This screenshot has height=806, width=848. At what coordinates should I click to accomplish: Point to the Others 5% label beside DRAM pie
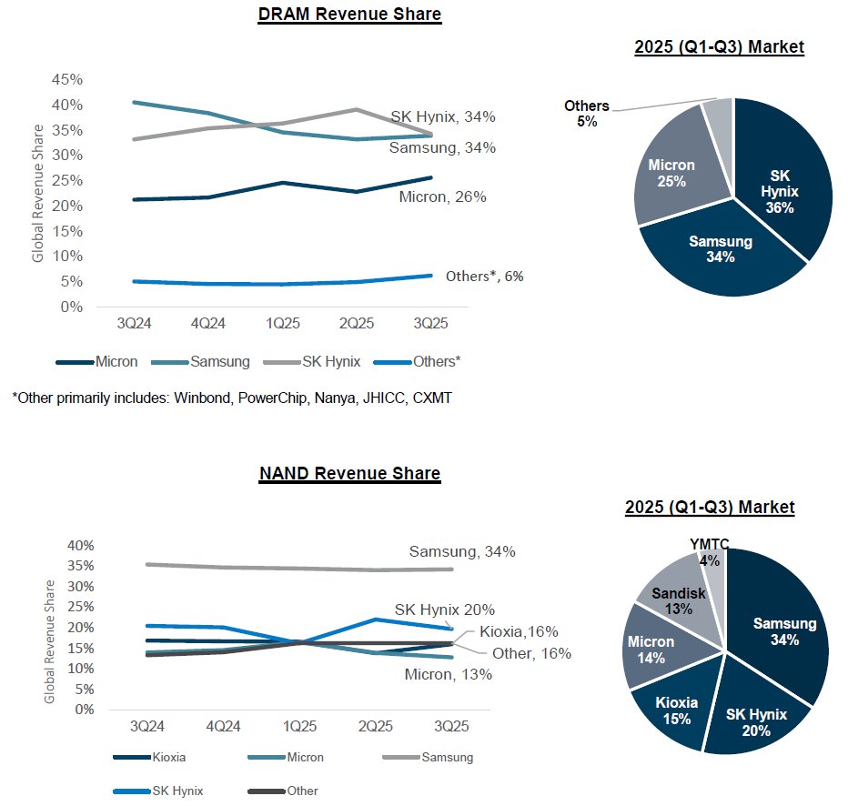pos(586,113)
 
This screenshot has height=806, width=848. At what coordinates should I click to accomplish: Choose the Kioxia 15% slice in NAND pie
pos(674,710)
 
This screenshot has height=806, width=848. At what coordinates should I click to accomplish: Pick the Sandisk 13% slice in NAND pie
pos(678,600)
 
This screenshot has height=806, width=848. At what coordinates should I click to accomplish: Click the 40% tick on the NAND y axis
pos(79,546)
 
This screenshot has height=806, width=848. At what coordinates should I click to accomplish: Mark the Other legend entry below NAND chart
pos(302,791)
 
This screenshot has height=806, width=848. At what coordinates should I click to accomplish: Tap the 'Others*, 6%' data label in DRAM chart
pos(484,277)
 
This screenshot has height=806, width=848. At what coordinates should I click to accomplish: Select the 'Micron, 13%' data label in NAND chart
pos(448,674)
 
